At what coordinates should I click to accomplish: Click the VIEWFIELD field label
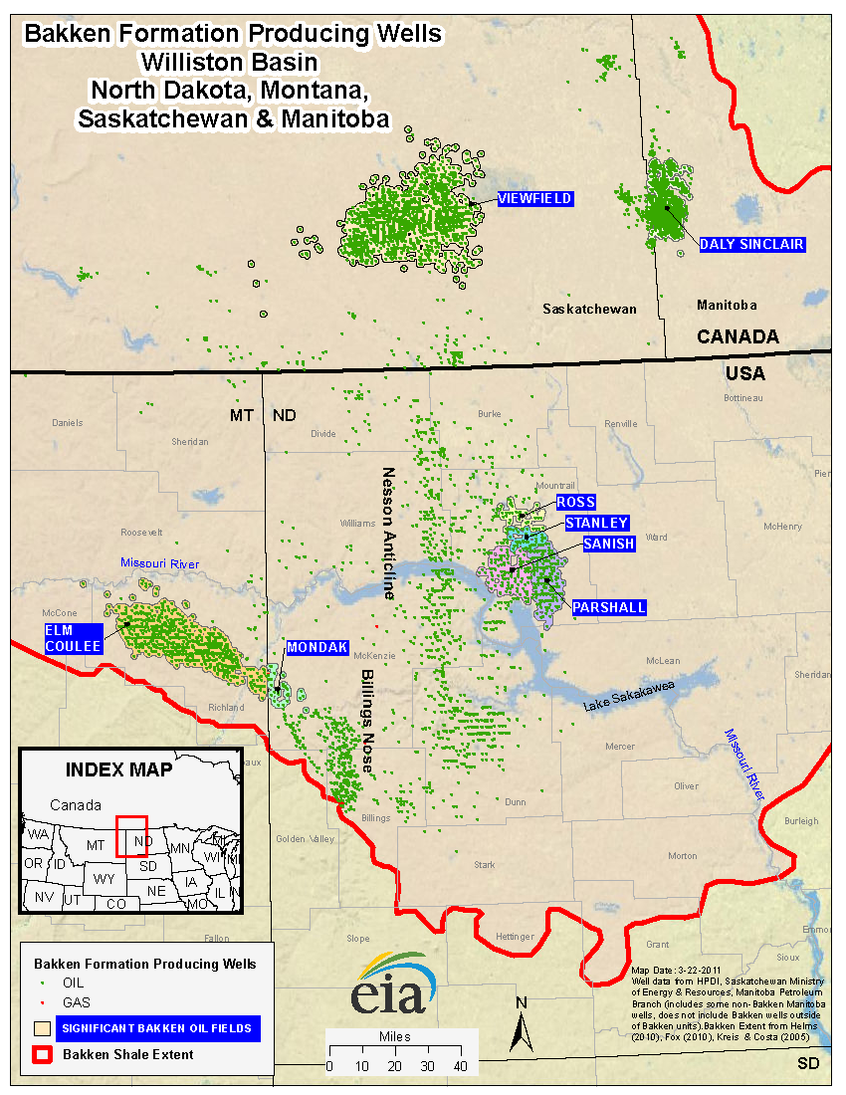click(534, 199)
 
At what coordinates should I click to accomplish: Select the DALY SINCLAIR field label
click(751, 244)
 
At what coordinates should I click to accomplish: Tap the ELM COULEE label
click(73, 638)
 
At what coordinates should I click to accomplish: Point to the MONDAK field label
click(317, 648)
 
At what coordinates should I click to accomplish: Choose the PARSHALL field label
click(609, 607)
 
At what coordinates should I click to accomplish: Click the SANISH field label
click(608, 544)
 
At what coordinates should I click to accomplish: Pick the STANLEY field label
click(596, 523)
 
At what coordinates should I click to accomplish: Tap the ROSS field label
click(575, 503)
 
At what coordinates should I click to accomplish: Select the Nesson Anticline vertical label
click(388, 533)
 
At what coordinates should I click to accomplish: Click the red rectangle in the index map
click(131, 835)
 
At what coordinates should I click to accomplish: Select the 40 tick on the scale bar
click(459, 1066)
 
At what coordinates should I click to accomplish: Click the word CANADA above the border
click(737, 337)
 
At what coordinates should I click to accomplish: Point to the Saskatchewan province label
click(589, 310)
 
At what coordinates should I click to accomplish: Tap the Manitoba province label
click(727, 305)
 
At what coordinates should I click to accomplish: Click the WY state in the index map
click(103, 880)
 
